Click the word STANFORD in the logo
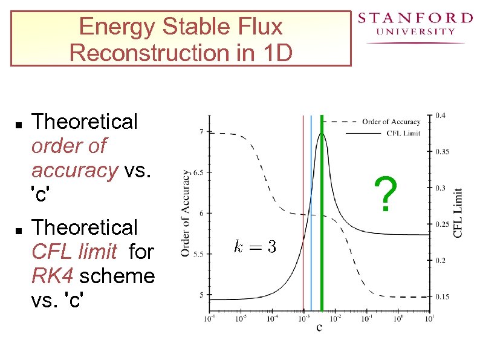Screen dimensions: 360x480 coord(415,18)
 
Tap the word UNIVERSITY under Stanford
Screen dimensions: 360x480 coord(415,32)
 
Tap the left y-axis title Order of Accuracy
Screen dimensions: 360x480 coord(186,212)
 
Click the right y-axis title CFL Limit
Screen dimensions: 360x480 coord(458,212)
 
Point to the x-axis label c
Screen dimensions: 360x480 coord(319,328)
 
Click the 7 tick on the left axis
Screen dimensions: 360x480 coord(201,131)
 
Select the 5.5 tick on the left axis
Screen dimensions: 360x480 coord(199,254)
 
